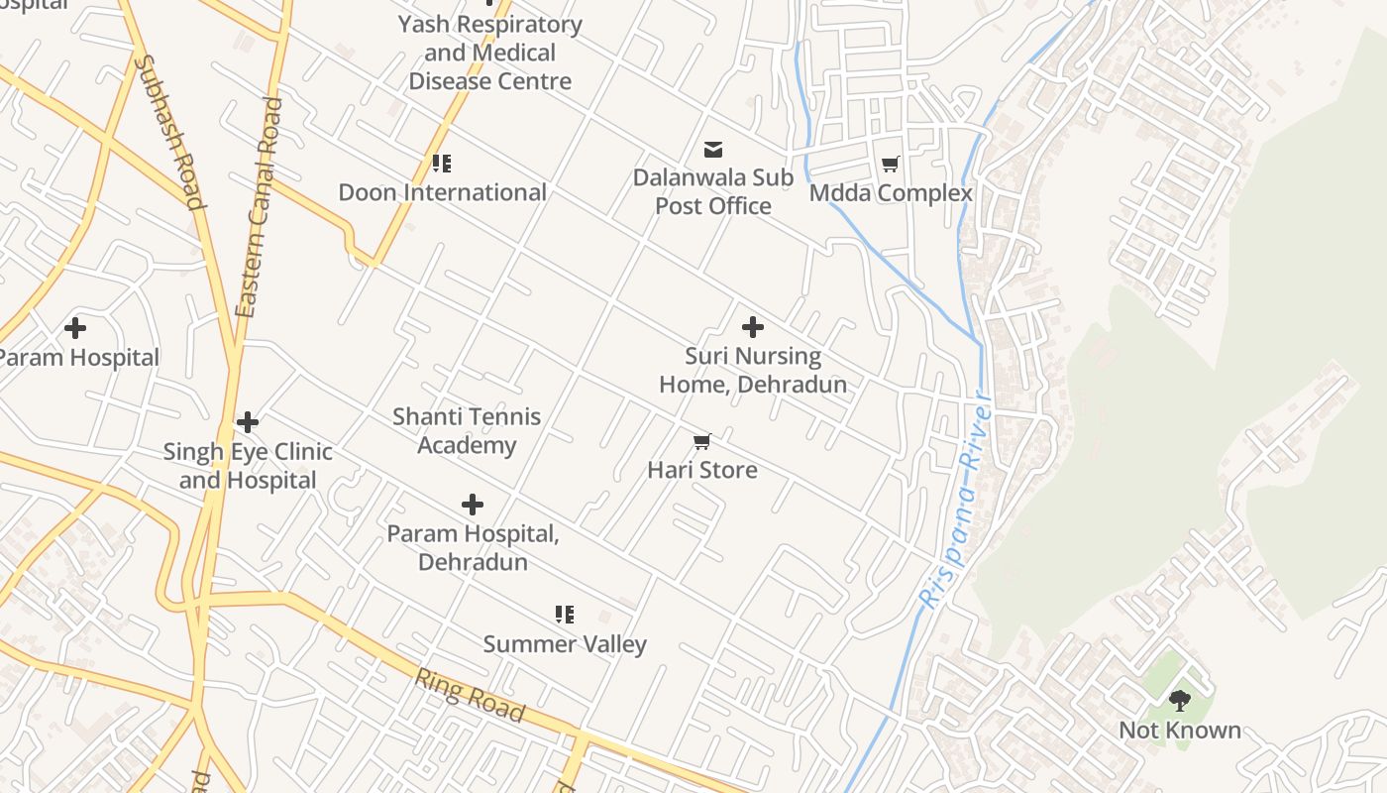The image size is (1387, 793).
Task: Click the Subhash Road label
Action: (x=170, y=132)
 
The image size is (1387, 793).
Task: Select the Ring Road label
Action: (x=470, y=695)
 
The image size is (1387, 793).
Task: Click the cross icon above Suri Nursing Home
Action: (x=753, y=326)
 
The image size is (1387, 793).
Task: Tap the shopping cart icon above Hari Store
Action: (x=702, y=441)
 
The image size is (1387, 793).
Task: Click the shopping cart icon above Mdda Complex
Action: (x=891, y=164)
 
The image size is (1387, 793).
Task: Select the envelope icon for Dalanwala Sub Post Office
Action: (x=713, y=150)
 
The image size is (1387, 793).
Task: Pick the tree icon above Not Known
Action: (x=1179, y=701)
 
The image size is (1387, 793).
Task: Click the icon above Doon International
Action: (x=442, y=164)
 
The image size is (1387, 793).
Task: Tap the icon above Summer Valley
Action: (x=565, y=615)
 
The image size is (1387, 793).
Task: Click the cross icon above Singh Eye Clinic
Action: (x=248, y=423)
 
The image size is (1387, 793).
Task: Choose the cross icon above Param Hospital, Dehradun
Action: (x=473, y=505)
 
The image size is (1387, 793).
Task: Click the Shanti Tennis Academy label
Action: (x=467, y=430)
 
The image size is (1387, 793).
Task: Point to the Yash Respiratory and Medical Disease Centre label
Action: (x=489, y=53)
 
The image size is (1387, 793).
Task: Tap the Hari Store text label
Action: (x=702, y=470)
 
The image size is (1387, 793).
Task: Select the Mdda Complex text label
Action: (x=891, y=193)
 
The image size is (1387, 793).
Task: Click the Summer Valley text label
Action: (x=565, y=644)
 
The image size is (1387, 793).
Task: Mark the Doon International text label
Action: (x=442, y=192)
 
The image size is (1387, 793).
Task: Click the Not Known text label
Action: (x=1179, y=731)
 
